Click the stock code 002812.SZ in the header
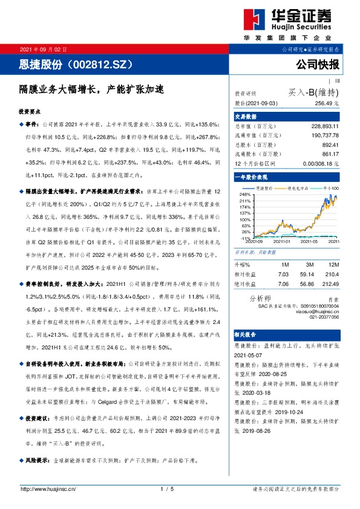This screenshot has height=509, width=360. click(106, 63)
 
